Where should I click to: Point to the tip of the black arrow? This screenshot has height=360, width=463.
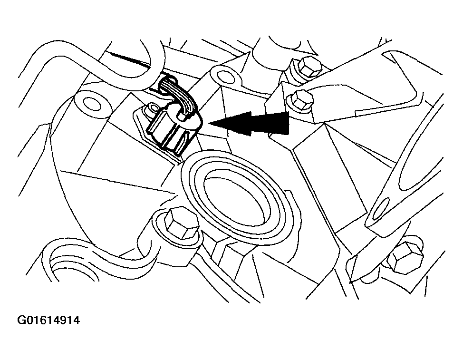[x=209, y=123]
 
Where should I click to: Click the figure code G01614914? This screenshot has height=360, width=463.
[x=48, y=320]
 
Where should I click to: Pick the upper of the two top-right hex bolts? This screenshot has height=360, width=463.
[x=309, y=67]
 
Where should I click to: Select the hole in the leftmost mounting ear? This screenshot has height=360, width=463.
[x=92, y=103]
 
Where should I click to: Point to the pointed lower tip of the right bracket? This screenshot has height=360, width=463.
[x=351, y=281]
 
